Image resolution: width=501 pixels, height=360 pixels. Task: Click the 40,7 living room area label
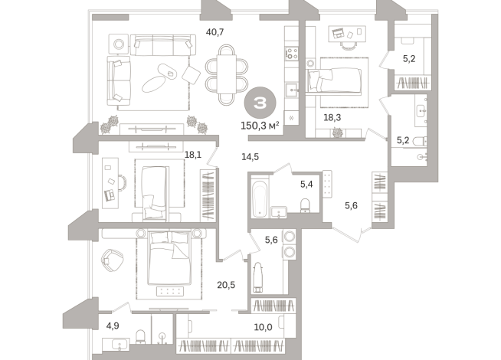216,32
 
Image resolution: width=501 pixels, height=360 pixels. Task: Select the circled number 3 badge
260,102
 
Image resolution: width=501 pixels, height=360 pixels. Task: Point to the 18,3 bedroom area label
332,118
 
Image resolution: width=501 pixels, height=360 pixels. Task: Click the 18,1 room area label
193,154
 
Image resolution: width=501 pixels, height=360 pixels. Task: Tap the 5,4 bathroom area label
305,184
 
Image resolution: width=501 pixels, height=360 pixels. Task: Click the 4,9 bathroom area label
112,326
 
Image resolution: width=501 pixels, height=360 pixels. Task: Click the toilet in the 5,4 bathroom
306,205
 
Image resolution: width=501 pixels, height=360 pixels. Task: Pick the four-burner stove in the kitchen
291,54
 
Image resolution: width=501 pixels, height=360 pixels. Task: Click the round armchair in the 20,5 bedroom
112,260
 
